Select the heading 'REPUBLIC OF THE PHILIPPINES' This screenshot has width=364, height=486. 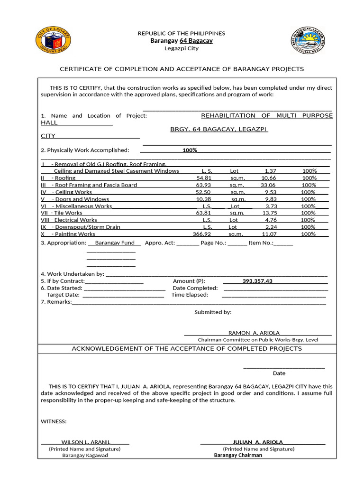point(182,33)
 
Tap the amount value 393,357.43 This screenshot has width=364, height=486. point(257,281)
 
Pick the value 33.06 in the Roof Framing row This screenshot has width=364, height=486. point(268,185)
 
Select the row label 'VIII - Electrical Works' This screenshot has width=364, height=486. point(69,220)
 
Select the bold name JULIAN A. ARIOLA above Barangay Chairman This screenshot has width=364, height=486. point(258,442)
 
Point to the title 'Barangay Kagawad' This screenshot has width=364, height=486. point(85,455)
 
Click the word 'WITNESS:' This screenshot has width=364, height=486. point(54,421)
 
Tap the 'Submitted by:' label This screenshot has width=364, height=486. point(213,312)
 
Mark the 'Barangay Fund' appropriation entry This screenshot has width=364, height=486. point(114,243)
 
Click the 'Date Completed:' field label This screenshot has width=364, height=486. point(195,288)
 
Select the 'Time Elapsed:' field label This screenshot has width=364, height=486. point(190,295)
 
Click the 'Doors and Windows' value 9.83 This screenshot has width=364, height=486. point(270,199)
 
